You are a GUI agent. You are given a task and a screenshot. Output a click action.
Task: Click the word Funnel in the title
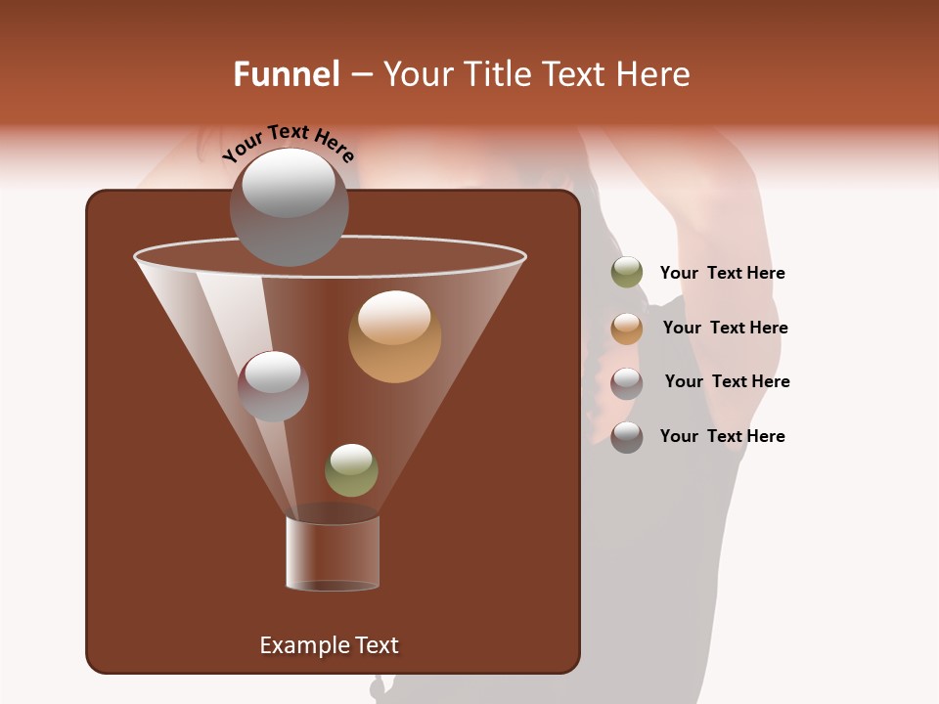click(286, 74)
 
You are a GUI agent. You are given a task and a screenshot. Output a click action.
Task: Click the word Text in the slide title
click(573, 74)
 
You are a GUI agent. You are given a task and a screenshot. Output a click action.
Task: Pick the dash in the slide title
click(360, 74)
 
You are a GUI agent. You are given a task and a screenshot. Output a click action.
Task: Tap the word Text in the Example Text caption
click(376, 645)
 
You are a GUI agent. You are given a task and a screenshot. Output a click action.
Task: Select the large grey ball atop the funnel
click(289, 207)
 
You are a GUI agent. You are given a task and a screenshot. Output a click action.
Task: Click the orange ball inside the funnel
click(394, 336)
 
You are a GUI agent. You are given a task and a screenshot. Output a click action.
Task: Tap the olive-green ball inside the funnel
click(351, 470)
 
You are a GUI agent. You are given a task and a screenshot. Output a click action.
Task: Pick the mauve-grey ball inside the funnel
click(273, 386)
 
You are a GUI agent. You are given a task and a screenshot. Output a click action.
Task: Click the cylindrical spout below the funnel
click(332, 553)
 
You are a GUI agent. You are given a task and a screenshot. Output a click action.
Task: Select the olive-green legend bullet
click(627, 273)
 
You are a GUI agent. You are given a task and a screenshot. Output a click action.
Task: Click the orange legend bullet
click(627, 329)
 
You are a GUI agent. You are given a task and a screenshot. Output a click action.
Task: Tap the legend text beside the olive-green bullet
click(722, 274)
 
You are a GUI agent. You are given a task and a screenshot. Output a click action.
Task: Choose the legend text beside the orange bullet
click(725, 328)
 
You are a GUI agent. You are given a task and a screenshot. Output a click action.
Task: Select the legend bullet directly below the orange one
click(627, 383)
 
